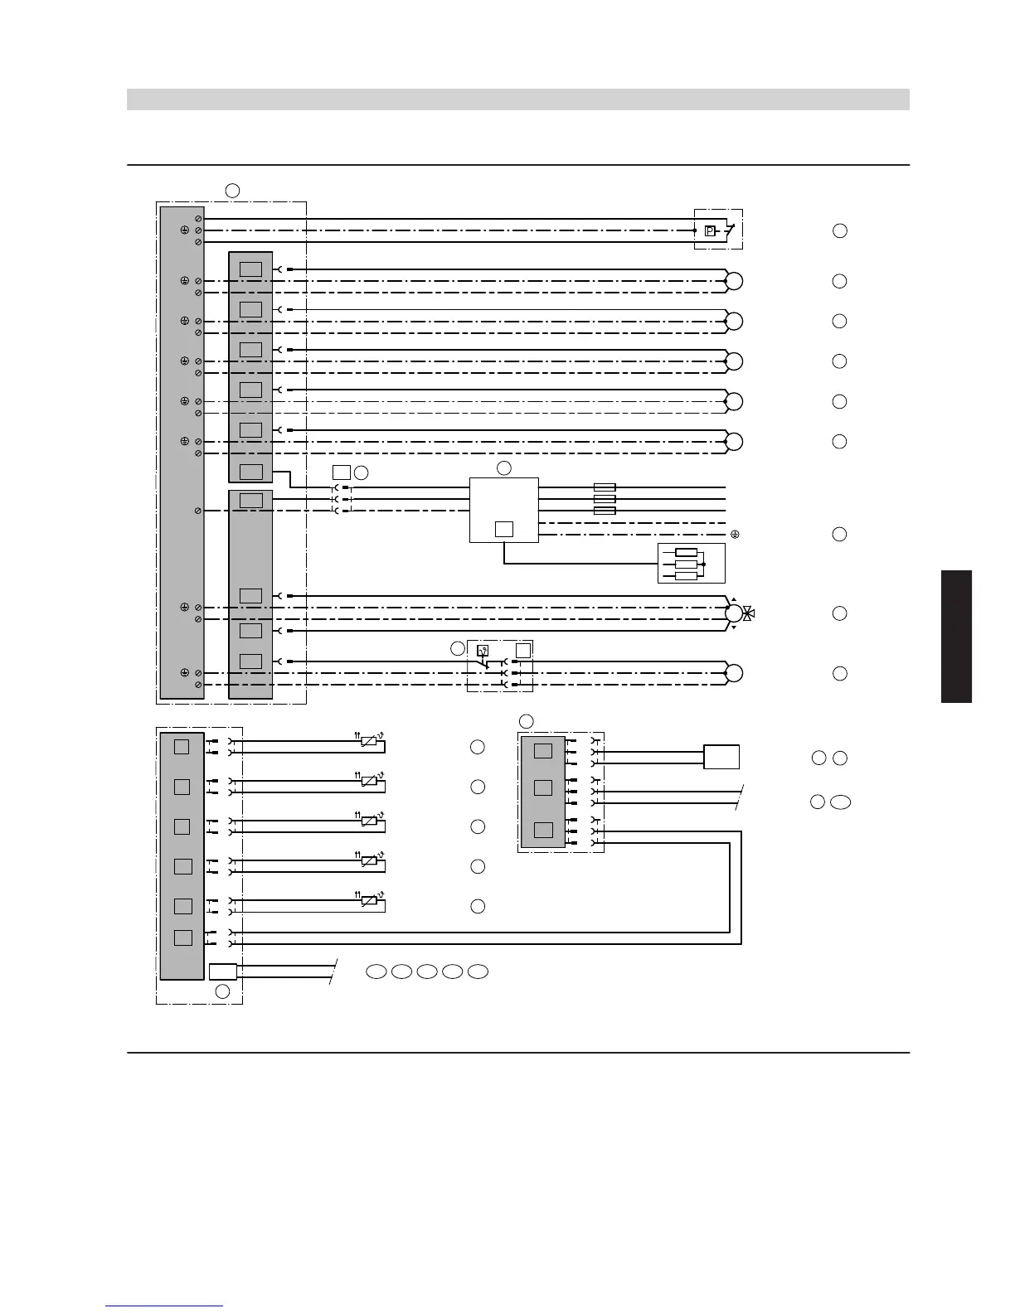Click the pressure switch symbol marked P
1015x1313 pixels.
tap(710, 231)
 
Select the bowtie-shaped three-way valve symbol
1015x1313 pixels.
tap(748, 613)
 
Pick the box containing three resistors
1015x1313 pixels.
tap(691, 564)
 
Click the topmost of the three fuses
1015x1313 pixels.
tap(605, 487)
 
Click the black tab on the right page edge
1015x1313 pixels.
tap(956, 636)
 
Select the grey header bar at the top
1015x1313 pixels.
tap(517, 99)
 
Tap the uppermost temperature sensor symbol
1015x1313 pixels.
tap(369, 742)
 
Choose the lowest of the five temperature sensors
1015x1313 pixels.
tap(369, 901)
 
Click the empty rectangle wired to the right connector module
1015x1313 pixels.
tap(721, 757)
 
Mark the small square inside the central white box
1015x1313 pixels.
tap(503, 529)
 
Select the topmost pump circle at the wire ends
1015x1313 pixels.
tap(733, 281)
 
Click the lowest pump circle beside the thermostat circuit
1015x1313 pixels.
tap(733, 673)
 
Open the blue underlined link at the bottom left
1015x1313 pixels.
tap(164, 1307)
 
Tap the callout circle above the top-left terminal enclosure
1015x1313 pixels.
tap(232, 191)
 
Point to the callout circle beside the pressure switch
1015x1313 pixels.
tap(839, 230)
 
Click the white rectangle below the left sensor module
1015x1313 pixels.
tap(223, 971)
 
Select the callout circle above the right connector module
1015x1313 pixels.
tap(526, 720)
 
